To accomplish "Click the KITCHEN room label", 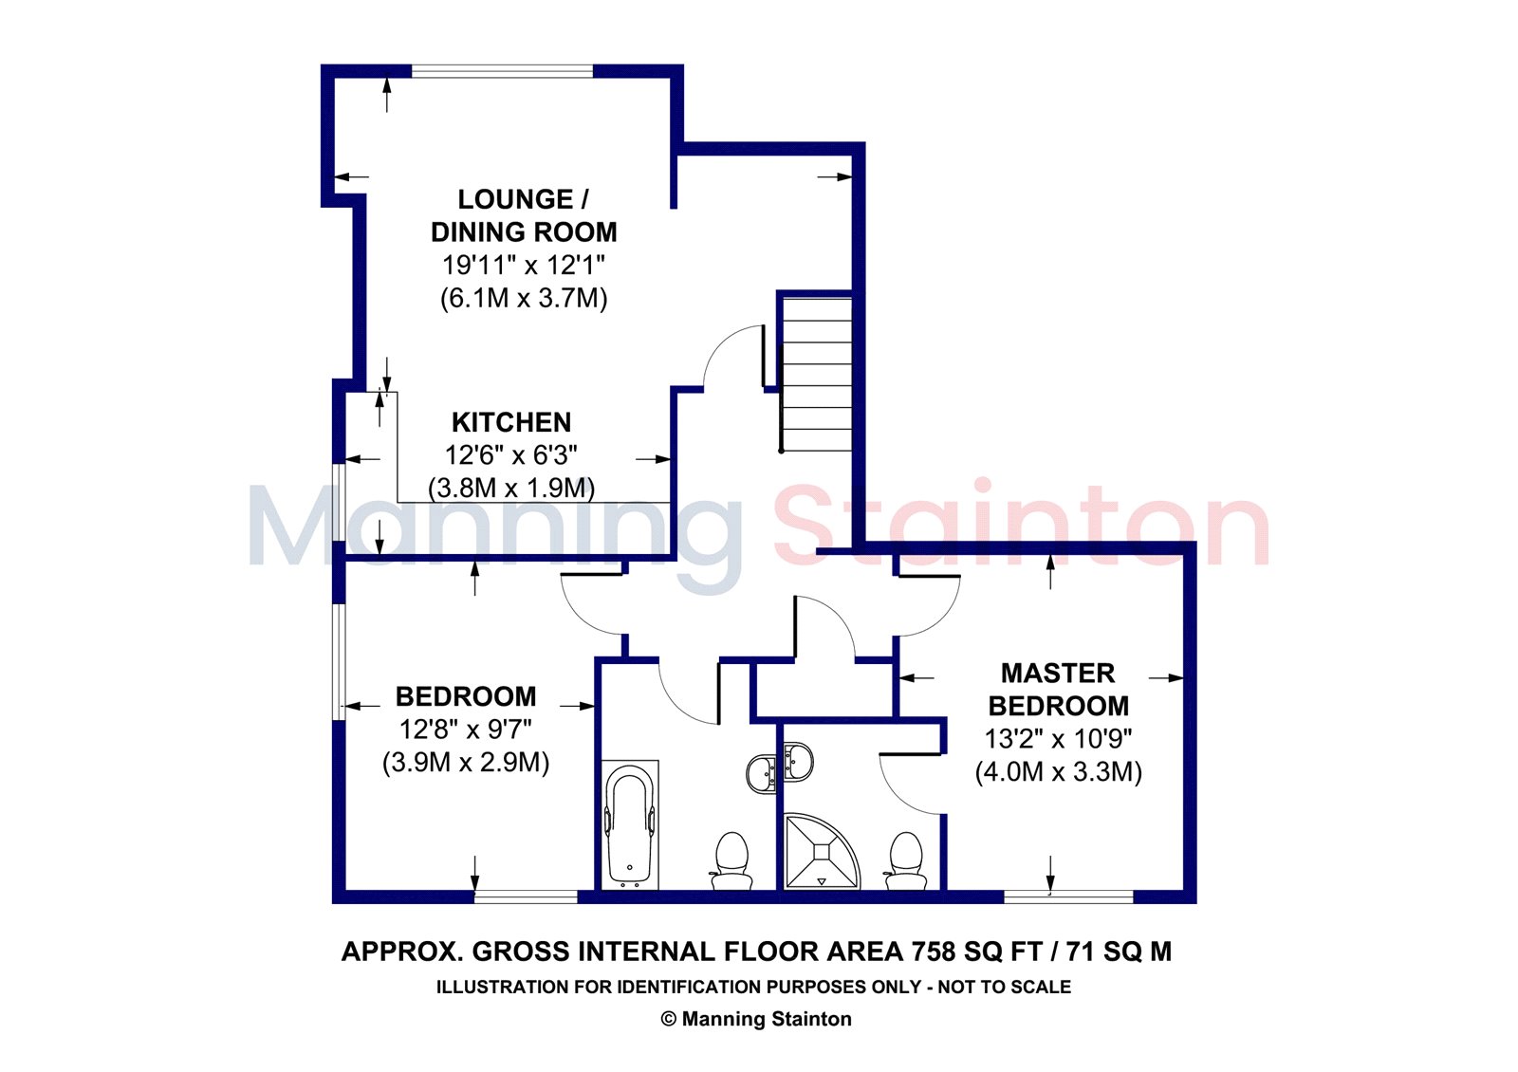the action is pos(511,422).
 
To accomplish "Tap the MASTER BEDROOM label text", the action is pos(1058,689).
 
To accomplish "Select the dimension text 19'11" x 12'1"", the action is pos(523,265).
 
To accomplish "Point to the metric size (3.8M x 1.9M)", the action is pos(511,488).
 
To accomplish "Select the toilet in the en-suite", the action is pos(906,860).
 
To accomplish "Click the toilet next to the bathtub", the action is pos(731,860).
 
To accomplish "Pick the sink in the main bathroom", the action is pos(762,772).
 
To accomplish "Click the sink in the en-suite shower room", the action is pos(798,763).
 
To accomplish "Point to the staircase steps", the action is pos(817,375).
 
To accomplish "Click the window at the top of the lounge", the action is pos(502,71).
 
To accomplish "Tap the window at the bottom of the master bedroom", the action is pos(1068,896).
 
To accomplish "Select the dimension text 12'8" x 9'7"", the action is pos(466,730).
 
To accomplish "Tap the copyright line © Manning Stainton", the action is pos(756,1019).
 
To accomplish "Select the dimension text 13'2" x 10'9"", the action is pos(1058,739).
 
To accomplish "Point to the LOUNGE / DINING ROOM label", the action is pos(524,215).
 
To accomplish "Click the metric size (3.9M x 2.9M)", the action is pos(466,763).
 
